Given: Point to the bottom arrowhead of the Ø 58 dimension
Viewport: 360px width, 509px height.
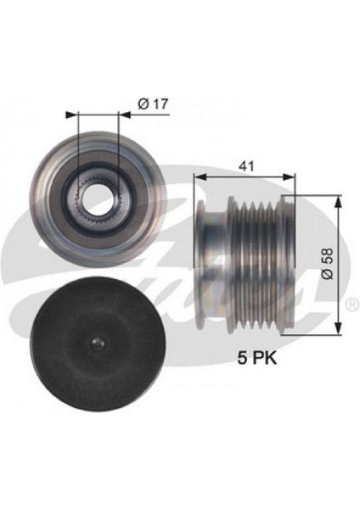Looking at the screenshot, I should (x=340, y=333).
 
